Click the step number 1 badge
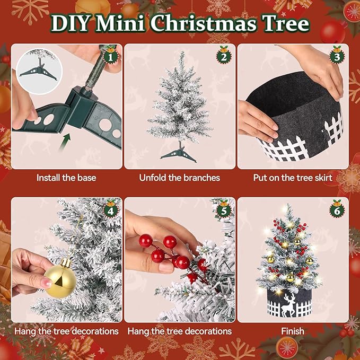click(110, 55)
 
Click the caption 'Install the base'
click(66, 178)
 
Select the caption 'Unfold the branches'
click(179, 178)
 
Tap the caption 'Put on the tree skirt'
click(293, 178)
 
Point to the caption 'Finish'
click(293, 331)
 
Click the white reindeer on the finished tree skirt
click(288, 304)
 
